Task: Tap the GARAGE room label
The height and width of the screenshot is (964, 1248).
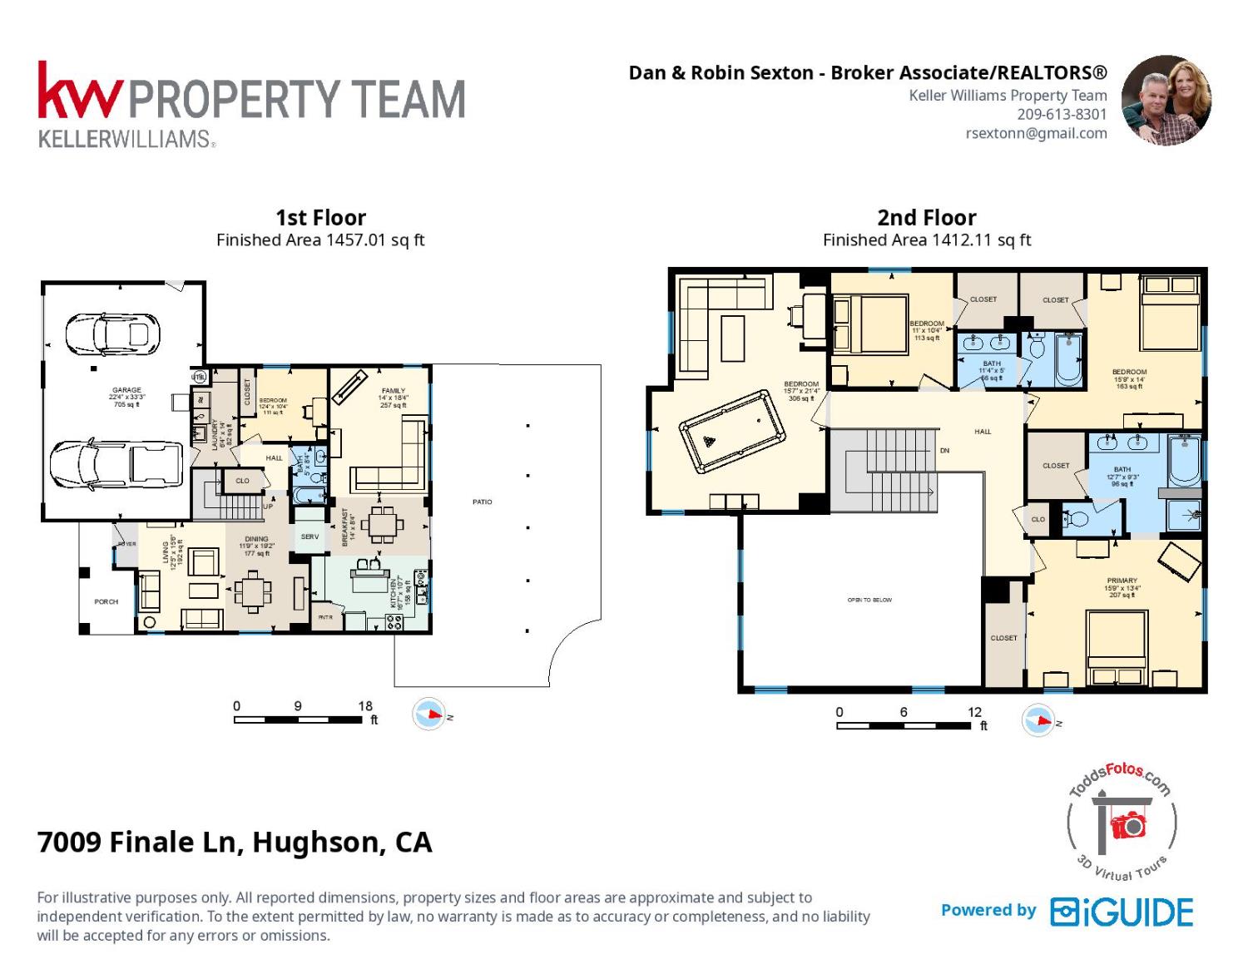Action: pos(126,390)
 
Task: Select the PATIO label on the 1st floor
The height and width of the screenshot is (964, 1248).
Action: pos(483,502)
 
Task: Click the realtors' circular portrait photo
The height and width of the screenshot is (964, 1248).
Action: pos(1166,101)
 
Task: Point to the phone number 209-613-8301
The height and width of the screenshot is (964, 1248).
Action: pos(1062,115)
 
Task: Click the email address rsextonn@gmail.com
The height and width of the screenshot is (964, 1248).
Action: pos(1036,133)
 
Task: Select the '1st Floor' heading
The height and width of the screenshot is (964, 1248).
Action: pos(320,218)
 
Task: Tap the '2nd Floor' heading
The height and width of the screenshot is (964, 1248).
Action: pos(926,218)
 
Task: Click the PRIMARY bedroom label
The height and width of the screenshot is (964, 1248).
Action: pos(1122,581)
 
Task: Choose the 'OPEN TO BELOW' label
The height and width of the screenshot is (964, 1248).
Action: pos(869,600)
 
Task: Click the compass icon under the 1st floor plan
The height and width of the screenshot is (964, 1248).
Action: pos(429,714)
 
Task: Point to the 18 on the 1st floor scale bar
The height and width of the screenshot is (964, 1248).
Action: pos(365,706)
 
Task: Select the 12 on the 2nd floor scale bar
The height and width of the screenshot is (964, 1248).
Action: pos(974,712)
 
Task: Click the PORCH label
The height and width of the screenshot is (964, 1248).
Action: pos(106,601)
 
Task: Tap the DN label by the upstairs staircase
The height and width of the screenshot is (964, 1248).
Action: pos(944,451)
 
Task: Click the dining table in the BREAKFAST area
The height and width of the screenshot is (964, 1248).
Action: pos(382,524)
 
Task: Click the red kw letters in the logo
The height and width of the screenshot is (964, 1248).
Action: pos(80,93)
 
